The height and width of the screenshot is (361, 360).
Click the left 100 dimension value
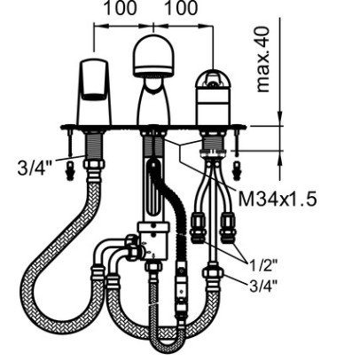pyautogui.click(x=121, y=8)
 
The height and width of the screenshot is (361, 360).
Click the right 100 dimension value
pyautogui.click(x=181, y=8)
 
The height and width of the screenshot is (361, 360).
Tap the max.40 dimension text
pyautogui.click(x=262, y=59)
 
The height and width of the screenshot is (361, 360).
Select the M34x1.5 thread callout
pyautogui.click(x=278, y=199)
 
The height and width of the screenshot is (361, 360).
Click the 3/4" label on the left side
pyautogui.click(x=35, y=168)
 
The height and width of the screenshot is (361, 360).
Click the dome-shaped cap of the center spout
pyautogui.click(x=153, y=55)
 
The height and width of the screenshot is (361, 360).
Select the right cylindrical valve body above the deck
pyautogui.click(x=213, y=97)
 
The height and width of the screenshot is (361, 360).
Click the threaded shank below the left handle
pyautogui.click(x=94, y=145)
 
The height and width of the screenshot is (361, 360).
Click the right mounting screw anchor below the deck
pyautogui.click(x=236, y=171)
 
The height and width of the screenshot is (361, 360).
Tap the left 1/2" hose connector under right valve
pyautogui.click(x=197, y=228)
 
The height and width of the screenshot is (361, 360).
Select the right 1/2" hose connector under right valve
pyautogui.click(x=227, y=228)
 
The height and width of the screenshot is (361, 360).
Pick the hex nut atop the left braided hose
pyautogui.click(x=94, y=164)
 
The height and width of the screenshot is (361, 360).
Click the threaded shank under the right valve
pyautogui.click(x=213, y=141)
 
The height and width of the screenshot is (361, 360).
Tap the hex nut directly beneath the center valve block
pyautogui.click(x=153, y=268)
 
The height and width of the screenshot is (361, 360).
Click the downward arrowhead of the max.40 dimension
pyautogui.click(x=280, y=118)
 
